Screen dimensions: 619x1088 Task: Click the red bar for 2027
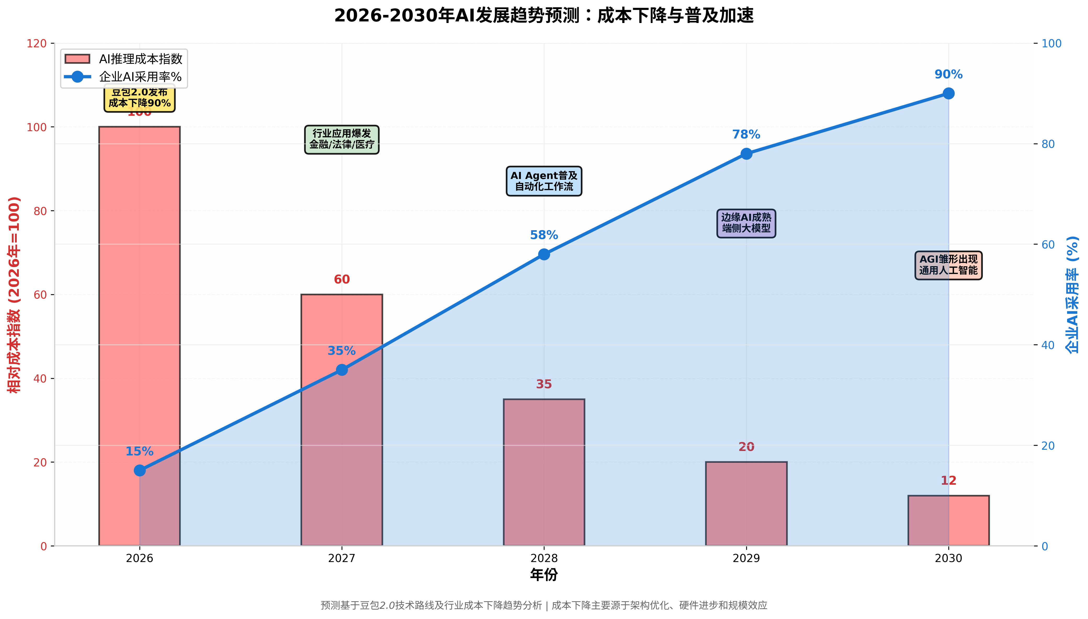tap(342, 323)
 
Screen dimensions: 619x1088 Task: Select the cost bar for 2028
tap(544, 472)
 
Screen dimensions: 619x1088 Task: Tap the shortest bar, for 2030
tap(948, 520)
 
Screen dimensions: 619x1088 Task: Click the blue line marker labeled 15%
tap(140, 470)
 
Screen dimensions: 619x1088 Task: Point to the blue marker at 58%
tap(544, 254)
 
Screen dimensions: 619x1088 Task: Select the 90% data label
tap(948, 74)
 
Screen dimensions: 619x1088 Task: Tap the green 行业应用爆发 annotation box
tap(342, 139)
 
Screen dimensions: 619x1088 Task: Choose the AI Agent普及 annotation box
tap(544, 181)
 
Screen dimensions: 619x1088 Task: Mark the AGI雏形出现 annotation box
tap(948, 265)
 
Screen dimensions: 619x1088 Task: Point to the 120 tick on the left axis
tap(37, 43)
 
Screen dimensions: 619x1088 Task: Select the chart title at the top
tap(544, 16)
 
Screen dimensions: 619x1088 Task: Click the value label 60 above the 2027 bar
tap(342, 279)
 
